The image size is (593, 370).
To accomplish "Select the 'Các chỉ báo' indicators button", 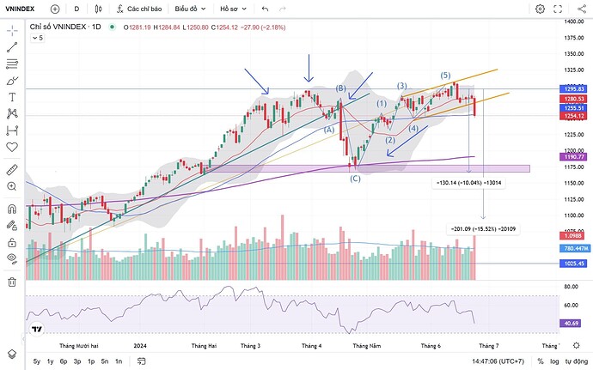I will [x=142, y=9].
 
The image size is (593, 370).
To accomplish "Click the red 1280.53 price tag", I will [x=574, y=99].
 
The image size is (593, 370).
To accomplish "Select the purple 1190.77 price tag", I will [x=574, y=158].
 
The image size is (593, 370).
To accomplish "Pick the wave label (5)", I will [x=445, y=76].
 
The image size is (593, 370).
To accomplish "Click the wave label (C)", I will [x=355, y=178].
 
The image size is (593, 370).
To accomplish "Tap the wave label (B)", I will [x=340, y=88].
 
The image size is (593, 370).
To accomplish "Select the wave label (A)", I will [x=327, y=129].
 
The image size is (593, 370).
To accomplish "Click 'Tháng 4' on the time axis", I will [x=312, y=345].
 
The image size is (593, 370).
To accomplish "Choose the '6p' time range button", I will [x=64, y=361].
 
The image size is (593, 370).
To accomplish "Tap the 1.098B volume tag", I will [x=574, y=235].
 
